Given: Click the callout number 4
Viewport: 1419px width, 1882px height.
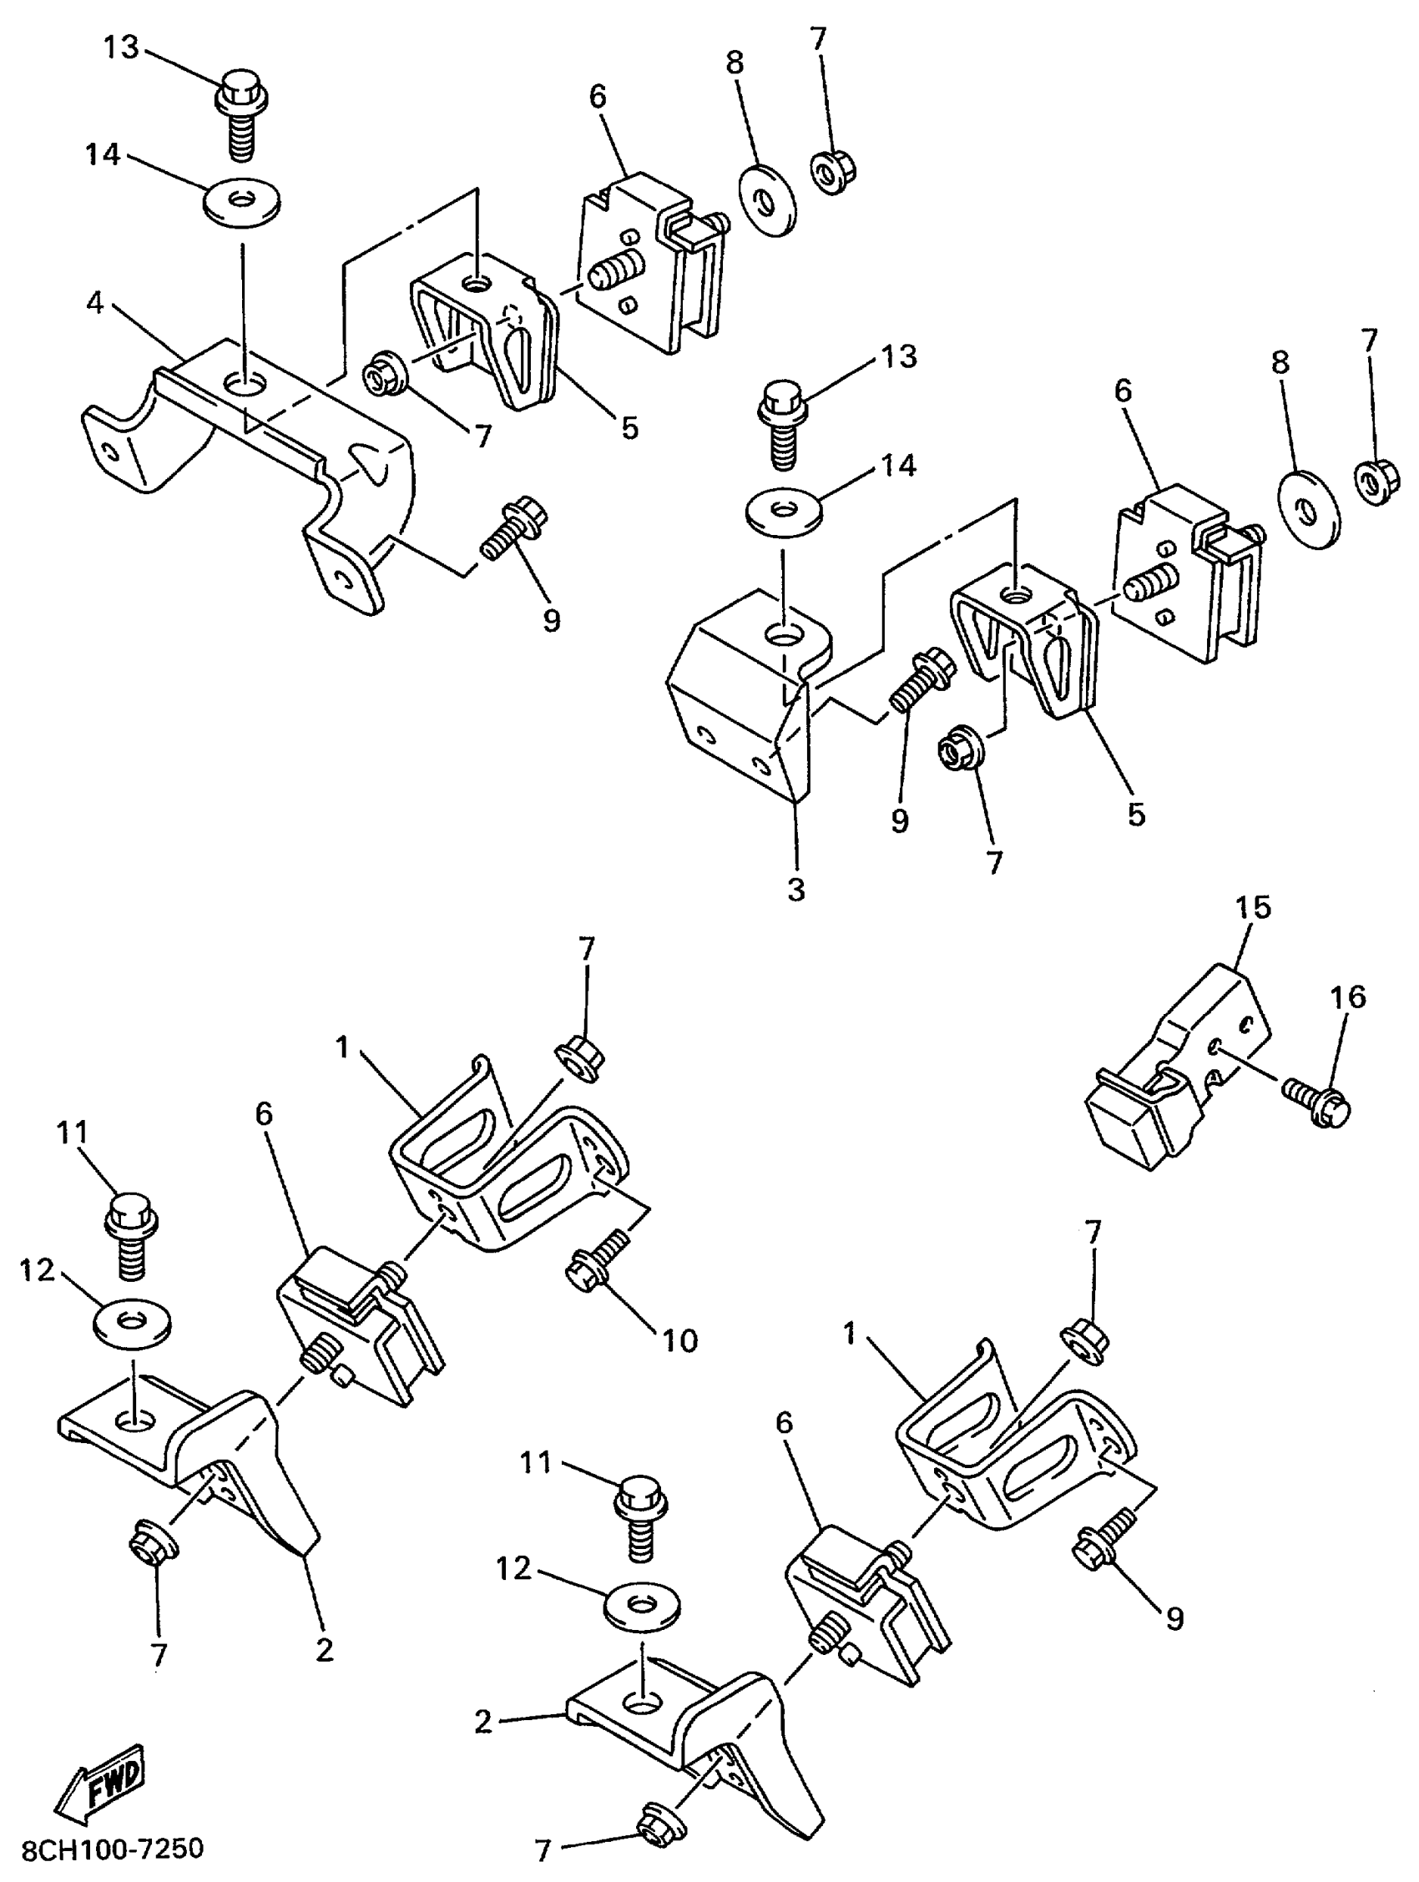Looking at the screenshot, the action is (95, 302).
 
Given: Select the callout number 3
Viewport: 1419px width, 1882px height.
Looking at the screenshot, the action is (795, 890).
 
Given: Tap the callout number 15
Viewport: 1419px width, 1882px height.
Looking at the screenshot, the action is (1252, 907).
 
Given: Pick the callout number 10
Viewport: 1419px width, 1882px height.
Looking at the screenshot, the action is (679, 1340).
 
